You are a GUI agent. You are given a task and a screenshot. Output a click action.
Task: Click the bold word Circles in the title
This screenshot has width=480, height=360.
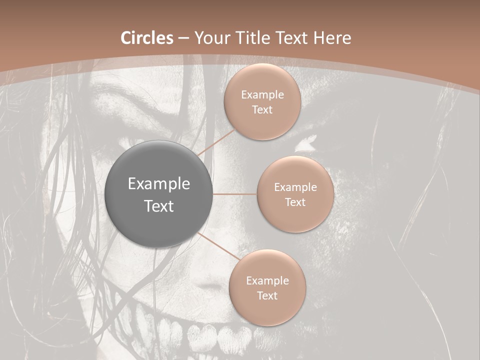tap(146, 38)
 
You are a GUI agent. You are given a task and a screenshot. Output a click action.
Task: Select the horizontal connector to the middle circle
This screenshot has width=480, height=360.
tap(235, 194)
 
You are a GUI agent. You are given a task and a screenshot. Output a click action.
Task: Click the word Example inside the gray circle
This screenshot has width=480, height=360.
tap(159, 184)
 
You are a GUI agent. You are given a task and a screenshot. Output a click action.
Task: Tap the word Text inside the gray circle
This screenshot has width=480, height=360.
tap(159, 206)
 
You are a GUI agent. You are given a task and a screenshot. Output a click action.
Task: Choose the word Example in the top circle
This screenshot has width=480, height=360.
tap(262, 95)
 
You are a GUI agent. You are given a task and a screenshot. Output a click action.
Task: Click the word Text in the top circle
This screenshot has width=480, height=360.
tap(262, 110)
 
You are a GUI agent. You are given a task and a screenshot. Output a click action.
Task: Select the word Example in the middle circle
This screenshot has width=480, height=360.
tap(295, 187)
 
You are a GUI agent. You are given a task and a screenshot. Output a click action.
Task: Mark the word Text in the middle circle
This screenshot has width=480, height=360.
tap(295, 202)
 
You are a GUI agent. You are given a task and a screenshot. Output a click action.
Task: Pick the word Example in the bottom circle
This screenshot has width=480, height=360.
tap(267, 281)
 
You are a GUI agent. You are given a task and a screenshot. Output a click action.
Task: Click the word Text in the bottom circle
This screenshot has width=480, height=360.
tap(267, 296)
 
